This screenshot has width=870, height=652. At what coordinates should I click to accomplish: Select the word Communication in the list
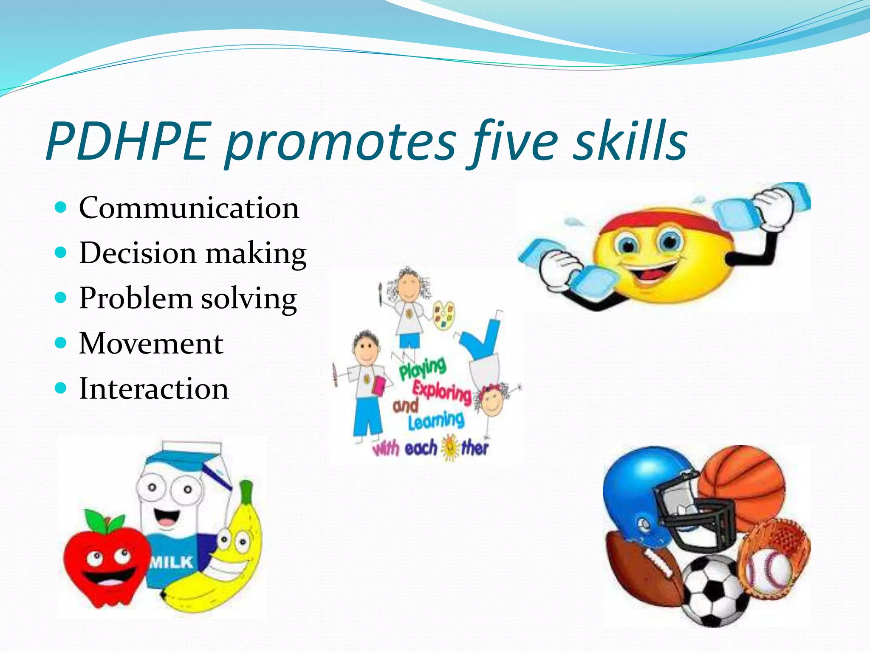click(189, 208)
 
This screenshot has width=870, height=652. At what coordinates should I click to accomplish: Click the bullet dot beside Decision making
click(61, 253)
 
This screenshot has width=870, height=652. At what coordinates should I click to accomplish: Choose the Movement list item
click(151, 343)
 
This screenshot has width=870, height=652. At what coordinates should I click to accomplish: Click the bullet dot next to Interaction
click(61, 388)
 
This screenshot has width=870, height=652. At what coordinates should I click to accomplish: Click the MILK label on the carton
click(172, 562)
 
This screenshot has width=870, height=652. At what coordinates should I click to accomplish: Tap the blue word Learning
click(436, 420)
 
